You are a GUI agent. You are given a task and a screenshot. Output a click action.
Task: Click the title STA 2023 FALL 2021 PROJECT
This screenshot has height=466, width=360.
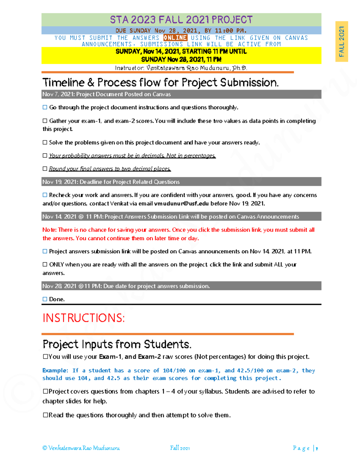coord(181,20)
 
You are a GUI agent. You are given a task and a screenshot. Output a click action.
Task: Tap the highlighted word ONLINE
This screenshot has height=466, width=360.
coord(175,38)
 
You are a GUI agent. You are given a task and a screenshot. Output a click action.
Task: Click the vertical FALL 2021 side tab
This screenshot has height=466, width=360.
coord(341,41)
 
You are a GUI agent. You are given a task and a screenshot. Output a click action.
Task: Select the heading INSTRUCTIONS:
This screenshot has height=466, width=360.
coord(83,318)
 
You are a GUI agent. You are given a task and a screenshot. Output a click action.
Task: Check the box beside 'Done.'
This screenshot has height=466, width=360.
coord(45,299)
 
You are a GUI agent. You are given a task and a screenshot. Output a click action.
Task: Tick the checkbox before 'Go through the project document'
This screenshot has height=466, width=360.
coord(45,107)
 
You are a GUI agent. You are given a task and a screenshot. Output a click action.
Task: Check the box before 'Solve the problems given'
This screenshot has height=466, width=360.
coord(45,143)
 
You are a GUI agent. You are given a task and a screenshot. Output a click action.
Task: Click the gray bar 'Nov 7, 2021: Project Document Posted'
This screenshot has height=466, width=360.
coord(181,94)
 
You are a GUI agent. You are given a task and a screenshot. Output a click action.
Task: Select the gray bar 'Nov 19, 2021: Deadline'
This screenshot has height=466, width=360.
coord(181,182)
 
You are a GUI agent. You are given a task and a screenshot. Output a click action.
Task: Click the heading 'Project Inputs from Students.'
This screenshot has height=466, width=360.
coord(117,344)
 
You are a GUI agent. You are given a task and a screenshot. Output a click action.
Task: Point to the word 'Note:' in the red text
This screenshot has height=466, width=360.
coord(49,230)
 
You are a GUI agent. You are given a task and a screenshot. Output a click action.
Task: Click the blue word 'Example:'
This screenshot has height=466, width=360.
coord(55,371)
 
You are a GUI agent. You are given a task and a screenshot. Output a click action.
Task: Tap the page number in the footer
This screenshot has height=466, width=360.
coord(316,448)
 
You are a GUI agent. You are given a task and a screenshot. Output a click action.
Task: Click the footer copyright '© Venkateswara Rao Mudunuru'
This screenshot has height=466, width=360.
coord(81,448)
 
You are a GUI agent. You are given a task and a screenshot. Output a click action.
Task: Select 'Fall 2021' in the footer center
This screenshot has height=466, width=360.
coord(180,448)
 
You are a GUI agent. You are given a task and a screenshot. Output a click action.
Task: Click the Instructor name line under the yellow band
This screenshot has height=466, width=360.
coord(181,68)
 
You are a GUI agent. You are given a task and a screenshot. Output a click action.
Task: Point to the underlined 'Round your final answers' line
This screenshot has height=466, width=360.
coord(110,169)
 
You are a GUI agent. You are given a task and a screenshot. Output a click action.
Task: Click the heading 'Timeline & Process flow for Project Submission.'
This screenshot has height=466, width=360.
coord(160,83)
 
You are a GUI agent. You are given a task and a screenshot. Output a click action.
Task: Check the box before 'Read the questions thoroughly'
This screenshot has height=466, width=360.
coord(45,415)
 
